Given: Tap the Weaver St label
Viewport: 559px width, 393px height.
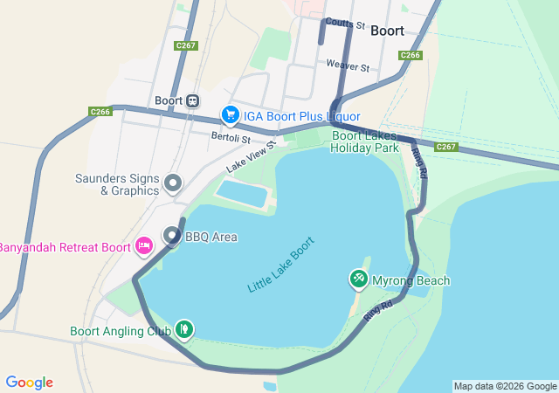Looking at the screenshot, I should click(348, 66).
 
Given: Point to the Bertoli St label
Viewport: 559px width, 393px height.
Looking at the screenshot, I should click(231, 138).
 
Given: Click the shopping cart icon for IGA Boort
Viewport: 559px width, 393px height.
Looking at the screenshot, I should click(231, 115).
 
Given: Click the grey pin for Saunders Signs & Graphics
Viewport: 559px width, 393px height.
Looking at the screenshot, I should click(173, 183).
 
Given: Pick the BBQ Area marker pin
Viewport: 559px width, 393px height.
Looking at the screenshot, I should click(172, 236).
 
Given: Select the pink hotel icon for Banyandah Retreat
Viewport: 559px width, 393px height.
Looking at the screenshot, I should click(145, 246).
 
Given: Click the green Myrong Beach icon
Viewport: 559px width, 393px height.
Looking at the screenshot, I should click(358, 279).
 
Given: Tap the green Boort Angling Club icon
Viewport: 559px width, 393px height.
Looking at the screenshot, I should click(184, 330).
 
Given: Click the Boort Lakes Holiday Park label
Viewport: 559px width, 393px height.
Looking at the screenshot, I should click(364, 141).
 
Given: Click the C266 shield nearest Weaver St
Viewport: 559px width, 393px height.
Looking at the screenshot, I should click(411, 55).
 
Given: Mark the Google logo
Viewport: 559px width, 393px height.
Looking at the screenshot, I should click(29, 383).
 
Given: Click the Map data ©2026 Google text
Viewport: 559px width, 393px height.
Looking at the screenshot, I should click(504, 386).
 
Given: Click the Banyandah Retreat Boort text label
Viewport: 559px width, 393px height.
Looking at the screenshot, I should click(63, 246).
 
